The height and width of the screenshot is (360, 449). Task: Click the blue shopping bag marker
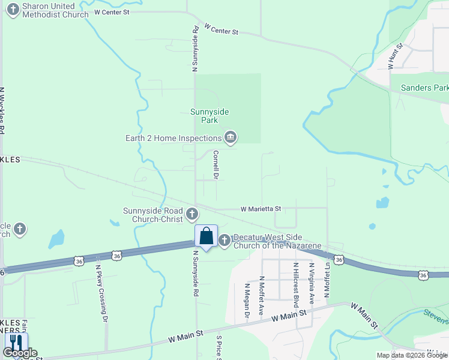(206, 236)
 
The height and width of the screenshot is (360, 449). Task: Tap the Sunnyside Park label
(209, 115)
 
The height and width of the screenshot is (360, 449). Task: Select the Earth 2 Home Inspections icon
(230, 138)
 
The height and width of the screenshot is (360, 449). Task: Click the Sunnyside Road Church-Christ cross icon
(192, 214)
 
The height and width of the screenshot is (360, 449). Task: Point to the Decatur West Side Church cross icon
(224, 241)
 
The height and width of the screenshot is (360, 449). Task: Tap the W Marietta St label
(261, 209)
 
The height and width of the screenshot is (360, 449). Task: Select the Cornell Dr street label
(215, 164)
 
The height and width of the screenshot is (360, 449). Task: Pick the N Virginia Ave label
(312, 281)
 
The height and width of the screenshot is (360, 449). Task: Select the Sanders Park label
(424, 88)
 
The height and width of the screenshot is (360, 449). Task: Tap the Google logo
(20, 353)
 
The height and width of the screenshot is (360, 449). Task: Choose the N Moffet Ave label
(262, 296)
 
